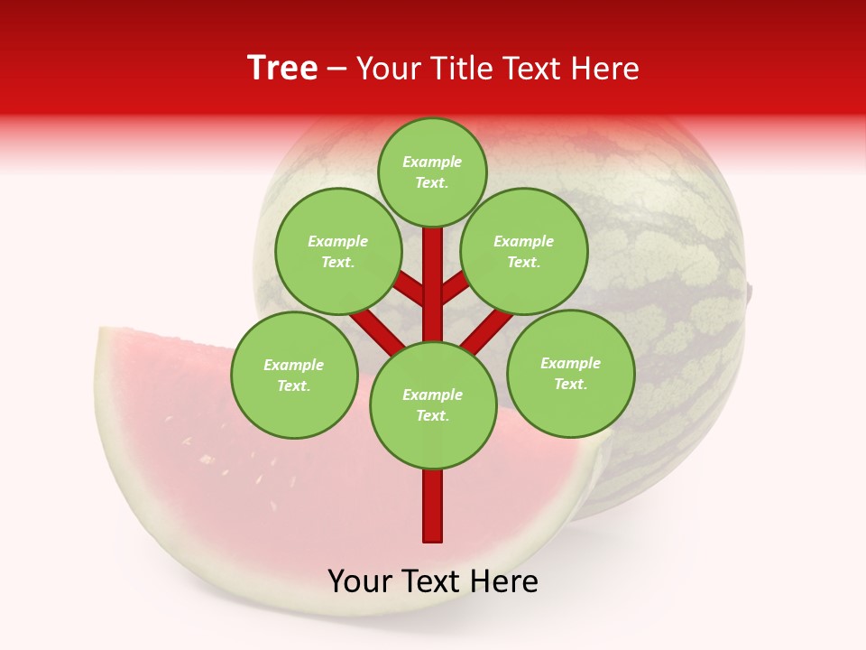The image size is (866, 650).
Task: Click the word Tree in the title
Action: [282, 69]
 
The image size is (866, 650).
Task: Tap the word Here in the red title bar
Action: [606, 69]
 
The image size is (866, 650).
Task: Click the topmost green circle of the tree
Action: [432, 172]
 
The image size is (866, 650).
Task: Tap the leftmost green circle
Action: [294, 375]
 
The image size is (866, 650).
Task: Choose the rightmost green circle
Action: [570, 373]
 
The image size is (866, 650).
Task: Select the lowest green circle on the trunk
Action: [433, 404]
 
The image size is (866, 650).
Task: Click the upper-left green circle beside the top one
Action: [338, 251]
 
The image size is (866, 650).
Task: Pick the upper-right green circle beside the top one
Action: [524, 251]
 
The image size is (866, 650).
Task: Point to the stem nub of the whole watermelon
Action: [749, 291]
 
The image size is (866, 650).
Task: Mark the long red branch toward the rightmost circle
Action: [487, 330]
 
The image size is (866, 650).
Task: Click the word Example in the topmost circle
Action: [432, 162]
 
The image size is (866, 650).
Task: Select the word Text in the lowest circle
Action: [432, 415]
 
